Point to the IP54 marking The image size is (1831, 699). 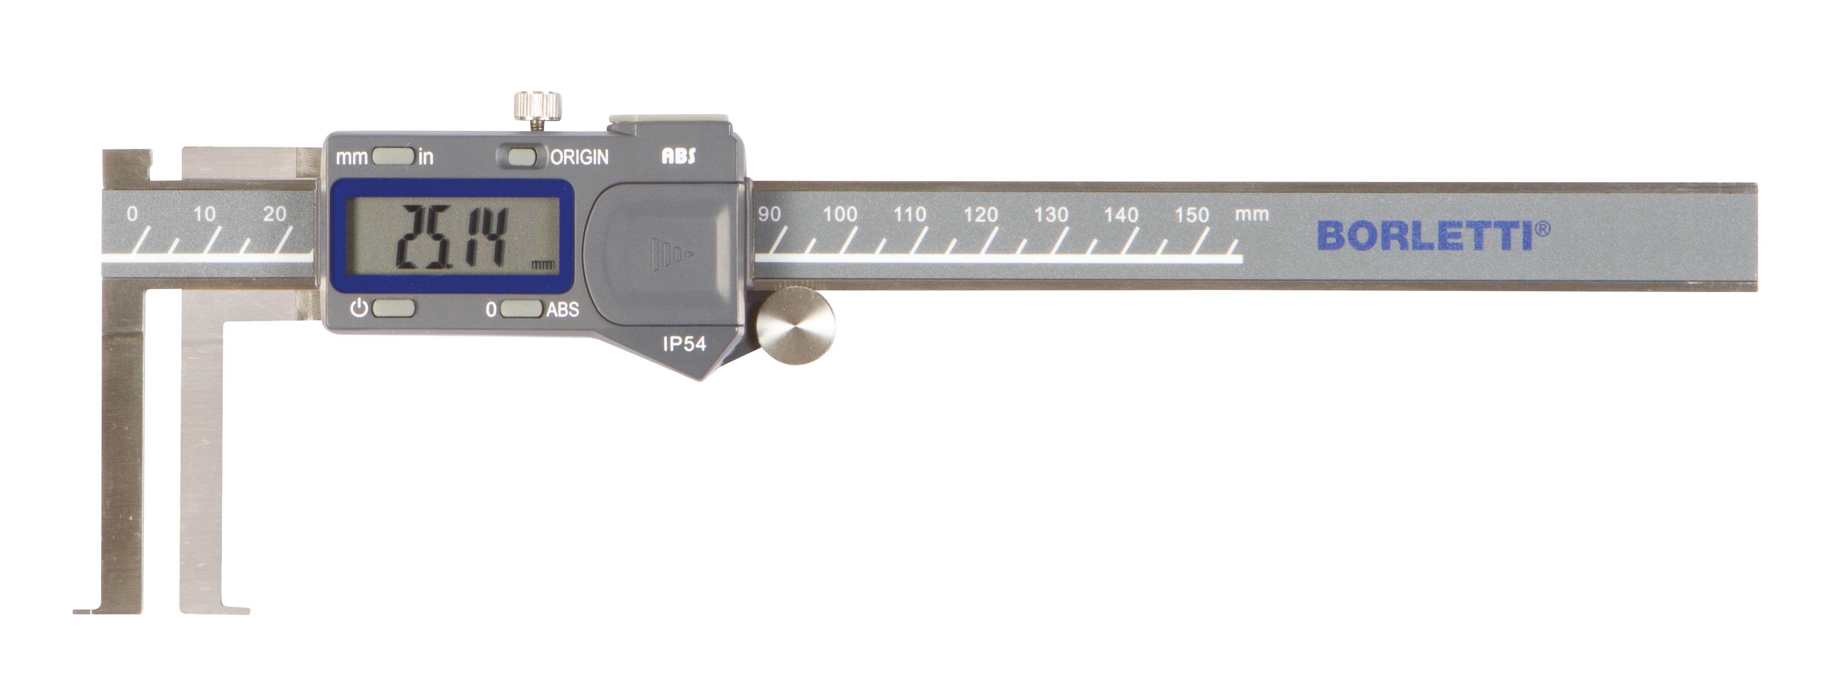[684, 344]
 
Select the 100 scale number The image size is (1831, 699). [840, 214]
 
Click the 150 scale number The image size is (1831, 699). [1191, 215]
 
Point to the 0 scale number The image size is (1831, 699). [132, 214]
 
